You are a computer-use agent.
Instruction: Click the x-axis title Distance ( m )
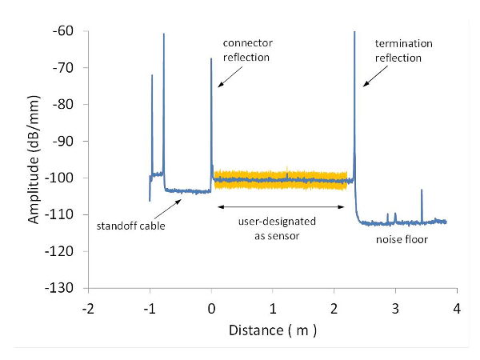coord(273,330)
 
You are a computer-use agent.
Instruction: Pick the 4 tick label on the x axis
coord(457,308)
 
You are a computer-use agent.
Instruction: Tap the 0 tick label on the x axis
coord(211,308)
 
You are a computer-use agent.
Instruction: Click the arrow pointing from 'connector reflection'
coord(226,75)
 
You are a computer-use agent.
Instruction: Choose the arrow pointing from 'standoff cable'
coord(171,209)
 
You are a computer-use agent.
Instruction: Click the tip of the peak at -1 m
coord(152,76)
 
